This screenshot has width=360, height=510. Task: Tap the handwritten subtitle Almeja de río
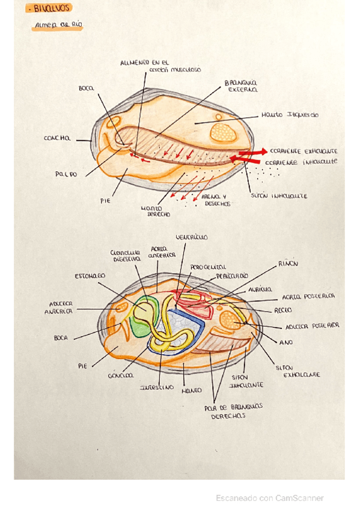click(58, 25)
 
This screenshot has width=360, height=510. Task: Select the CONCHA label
click(56, 138)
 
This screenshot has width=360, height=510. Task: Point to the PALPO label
click(67, 174)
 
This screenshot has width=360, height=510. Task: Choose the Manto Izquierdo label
click(290, 115)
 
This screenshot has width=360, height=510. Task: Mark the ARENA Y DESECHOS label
click(215, 200)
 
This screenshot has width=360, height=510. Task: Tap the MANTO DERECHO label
click(155, 210)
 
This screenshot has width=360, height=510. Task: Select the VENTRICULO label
click(191, 238)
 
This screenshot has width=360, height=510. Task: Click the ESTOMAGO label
click(90, 275)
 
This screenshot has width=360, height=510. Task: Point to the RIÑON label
click(287, 263)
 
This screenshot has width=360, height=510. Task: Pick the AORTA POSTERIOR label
click(308, 296)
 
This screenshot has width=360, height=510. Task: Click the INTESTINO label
click(157, 387)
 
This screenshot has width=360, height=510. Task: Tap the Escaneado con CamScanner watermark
click(270, 498)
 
